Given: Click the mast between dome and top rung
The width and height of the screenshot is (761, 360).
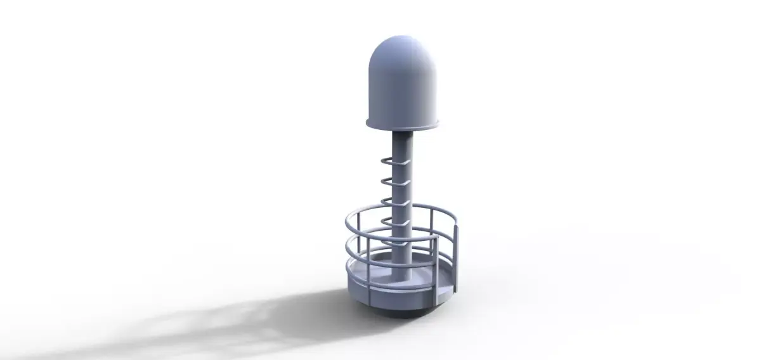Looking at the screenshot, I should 404,143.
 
